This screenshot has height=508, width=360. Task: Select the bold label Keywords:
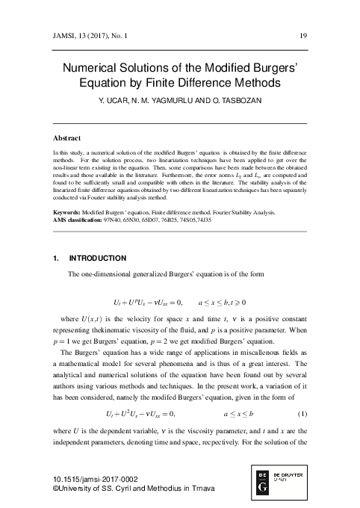69,213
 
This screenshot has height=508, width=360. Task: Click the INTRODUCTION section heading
97,258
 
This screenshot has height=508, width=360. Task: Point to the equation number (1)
302,413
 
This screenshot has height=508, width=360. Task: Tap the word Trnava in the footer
193,489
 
